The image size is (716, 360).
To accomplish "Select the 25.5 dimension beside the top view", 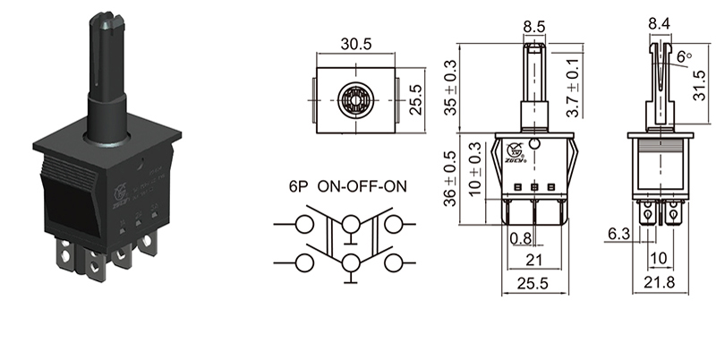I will (x=413, y=93).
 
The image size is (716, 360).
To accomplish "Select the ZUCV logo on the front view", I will (x=515, y=150).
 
